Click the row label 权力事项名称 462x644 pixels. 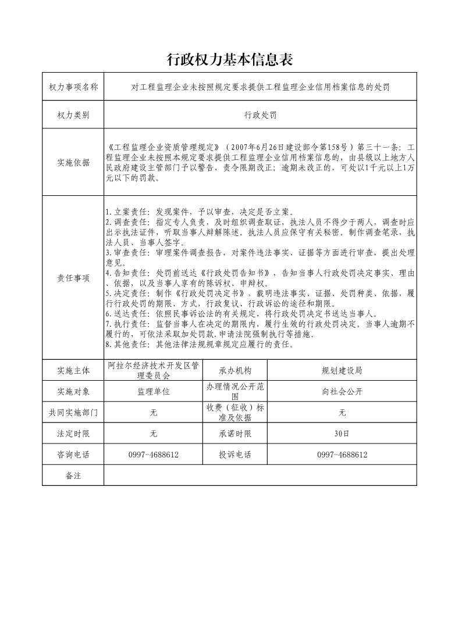(73, 88)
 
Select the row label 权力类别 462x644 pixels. (73, 115)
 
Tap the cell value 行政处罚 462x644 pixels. (260, 115)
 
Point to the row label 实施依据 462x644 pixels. (73, 163)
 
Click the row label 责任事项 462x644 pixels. (73, 278)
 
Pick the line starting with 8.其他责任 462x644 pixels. (200, 344)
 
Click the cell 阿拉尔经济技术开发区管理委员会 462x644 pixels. (154, 370)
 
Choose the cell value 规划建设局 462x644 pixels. (342, 370)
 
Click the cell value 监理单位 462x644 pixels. (154, 392)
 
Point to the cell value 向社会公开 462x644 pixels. (342, 392)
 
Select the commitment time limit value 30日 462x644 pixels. (342, 434)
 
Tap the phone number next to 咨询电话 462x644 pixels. (154, 455)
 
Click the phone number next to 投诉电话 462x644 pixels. (342, 455)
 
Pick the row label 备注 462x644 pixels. (73, 475)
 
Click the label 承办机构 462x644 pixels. (235, 370)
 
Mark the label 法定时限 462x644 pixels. (73, 434)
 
